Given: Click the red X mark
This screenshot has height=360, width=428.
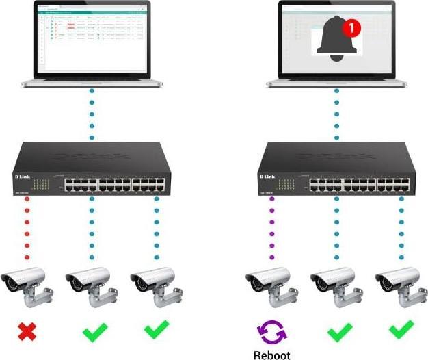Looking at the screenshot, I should [27, 333].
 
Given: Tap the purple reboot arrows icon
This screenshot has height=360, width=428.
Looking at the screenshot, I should [272, 333].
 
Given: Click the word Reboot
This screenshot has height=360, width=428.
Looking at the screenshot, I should [272, 355].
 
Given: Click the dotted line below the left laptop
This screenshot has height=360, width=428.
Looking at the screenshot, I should [92, 113].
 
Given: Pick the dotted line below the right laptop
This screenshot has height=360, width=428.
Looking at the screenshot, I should [336, 113].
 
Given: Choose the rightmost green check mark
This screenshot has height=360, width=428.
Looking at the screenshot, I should [401, 331].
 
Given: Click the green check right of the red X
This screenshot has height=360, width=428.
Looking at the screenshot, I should [94, 333].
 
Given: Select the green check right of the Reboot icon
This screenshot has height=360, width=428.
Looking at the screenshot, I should [339, 333].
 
